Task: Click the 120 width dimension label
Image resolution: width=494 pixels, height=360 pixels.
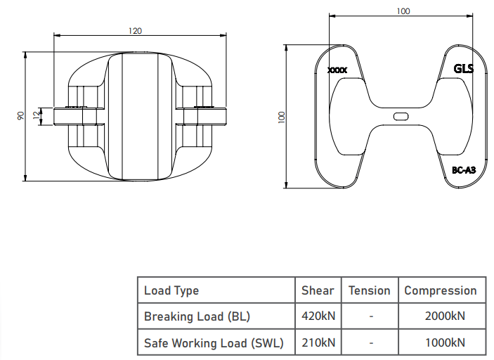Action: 135,31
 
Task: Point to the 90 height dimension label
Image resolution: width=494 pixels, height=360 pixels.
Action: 20,116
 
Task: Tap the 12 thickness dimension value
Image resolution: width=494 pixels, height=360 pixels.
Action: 37,114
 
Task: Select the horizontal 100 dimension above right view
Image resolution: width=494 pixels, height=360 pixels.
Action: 403,11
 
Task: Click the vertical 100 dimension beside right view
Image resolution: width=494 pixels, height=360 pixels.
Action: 282,117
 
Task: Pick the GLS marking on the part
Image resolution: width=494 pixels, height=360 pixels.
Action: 464,69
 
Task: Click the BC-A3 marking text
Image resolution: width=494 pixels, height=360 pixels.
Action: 464,170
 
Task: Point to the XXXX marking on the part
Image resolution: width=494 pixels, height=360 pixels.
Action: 337,70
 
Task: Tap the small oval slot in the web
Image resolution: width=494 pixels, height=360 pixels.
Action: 401,117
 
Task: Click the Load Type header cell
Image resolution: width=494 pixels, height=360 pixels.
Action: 171,290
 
